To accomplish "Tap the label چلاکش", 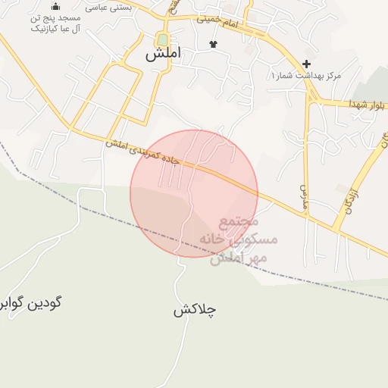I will pos(194,310).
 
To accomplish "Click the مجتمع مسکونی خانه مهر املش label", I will pos(239,239).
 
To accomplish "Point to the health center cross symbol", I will pos(306,64).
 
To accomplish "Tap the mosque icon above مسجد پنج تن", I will pos(55,7).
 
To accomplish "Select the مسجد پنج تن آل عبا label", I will pos(56,23).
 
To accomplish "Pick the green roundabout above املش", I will pos(162,39).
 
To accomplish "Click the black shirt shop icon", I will pos(213,44).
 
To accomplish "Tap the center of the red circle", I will pos(194,193).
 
